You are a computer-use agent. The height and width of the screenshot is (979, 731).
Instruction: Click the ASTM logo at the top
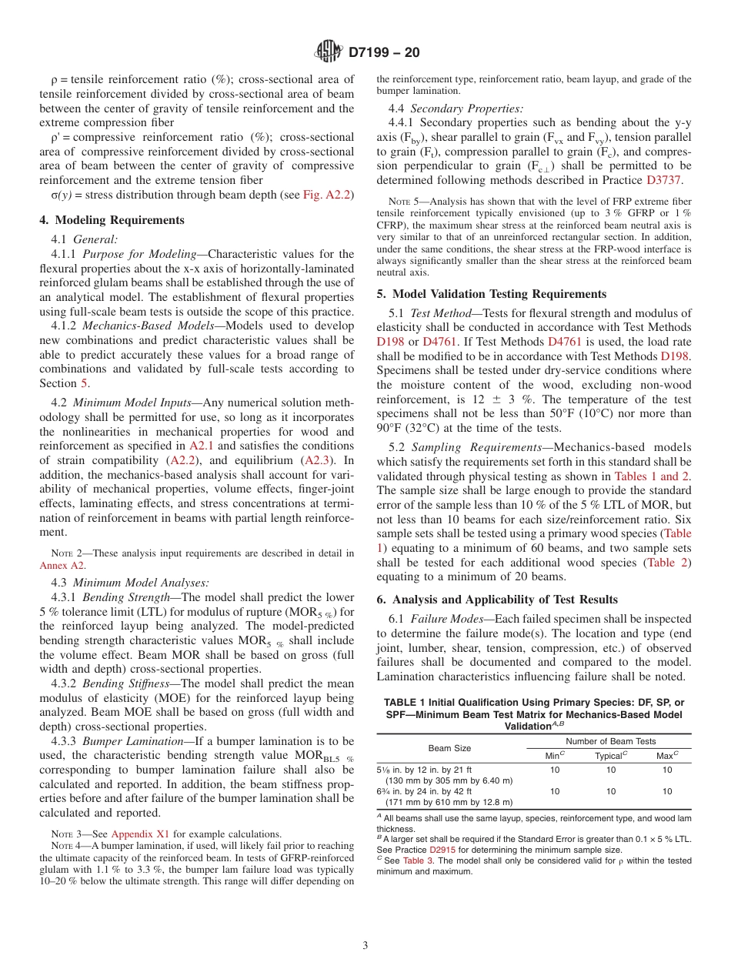point(329,53)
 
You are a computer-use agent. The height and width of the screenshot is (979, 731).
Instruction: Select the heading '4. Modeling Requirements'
point(112,220)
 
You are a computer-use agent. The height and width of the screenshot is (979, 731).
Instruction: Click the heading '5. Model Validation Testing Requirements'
point(491,294)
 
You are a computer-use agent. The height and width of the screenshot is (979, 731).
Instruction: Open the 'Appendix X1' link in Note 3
point(140,833)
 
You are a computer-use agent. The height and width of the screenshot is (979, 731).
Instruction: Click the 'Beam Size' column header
point(450,748)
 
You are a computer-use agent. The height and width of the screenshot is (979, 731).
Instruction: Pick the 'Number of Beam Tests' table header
point(612,741)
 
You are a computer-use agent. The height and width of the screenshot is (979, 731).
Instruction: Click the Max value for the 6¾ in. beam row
point(667,790)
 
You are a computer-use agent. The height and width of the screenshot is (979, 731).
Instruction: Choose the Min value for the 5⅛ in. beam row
point(556,769)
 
